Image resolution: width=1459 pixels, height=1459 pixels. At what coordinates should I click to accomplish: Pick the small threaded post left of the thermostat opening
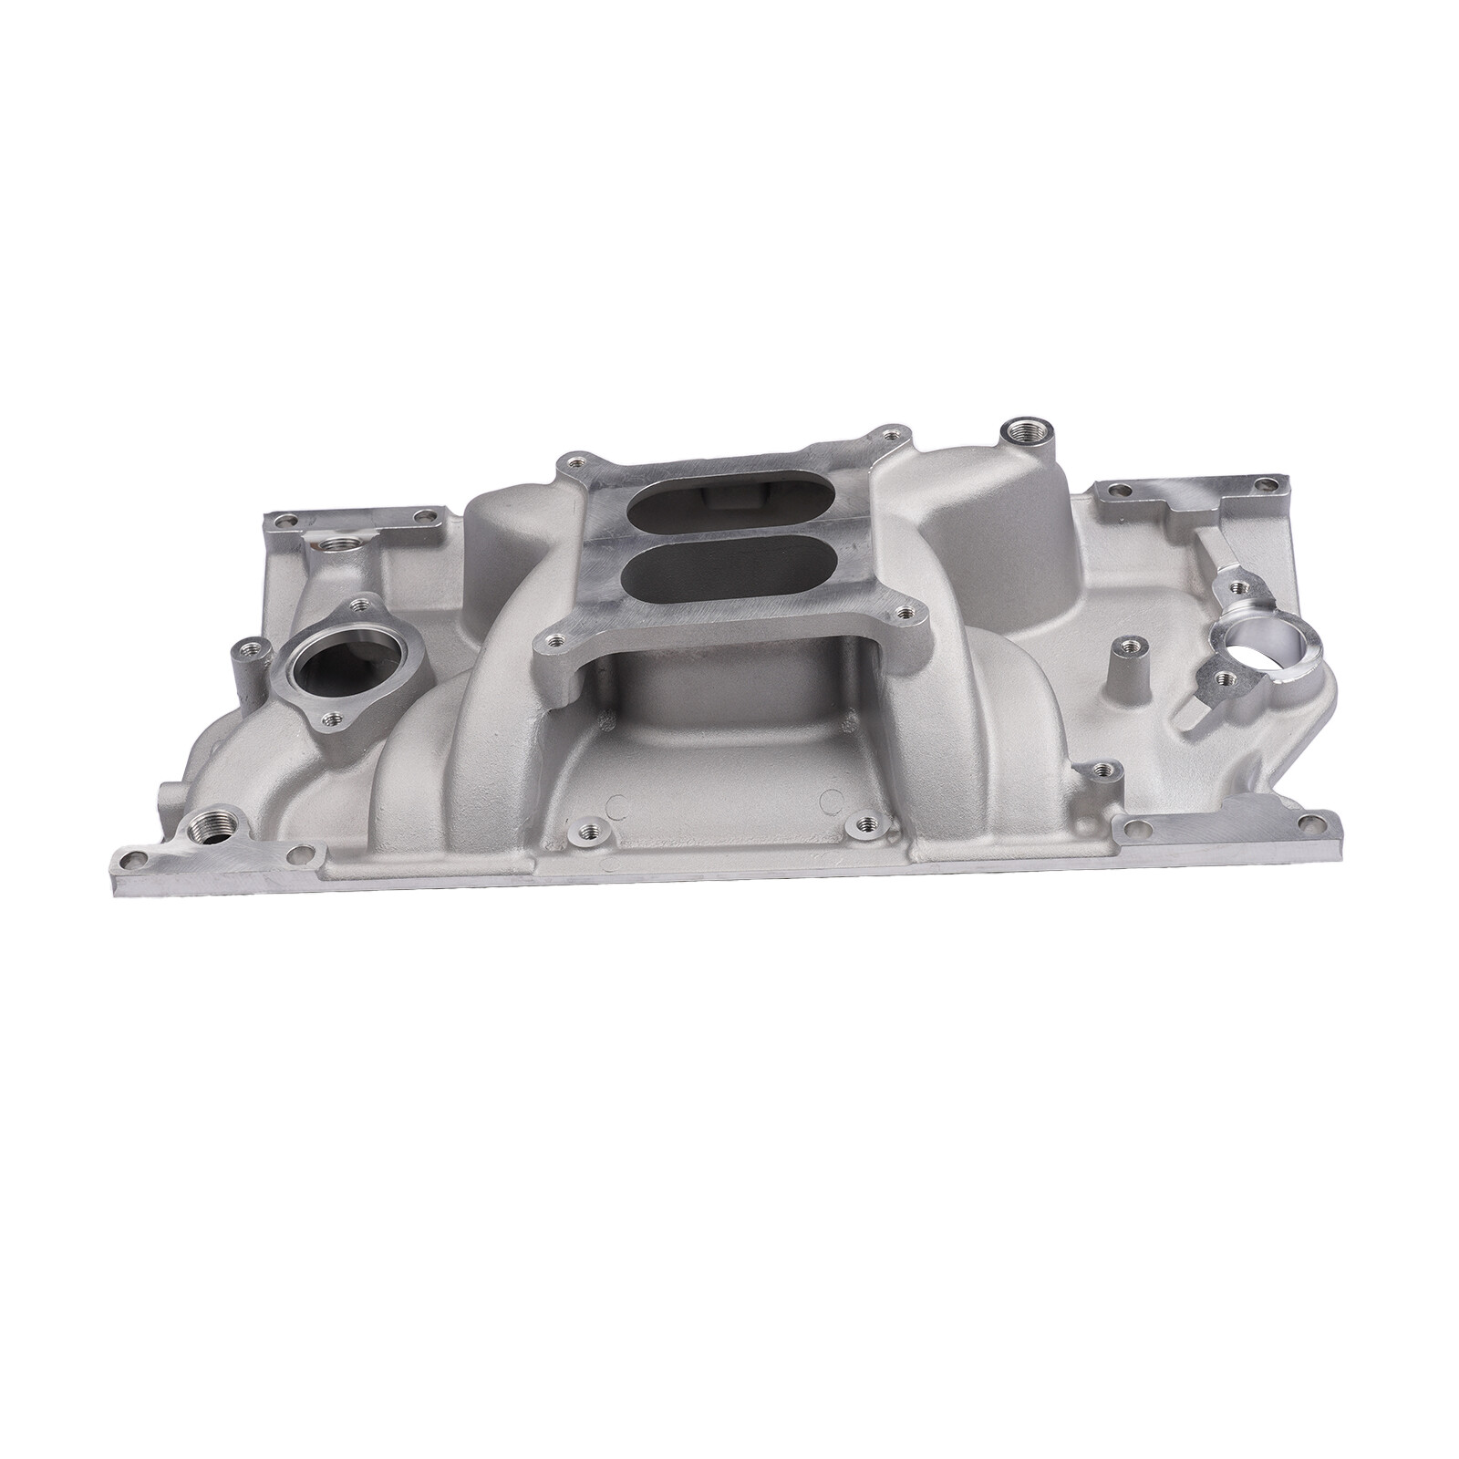pos(246,651)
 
